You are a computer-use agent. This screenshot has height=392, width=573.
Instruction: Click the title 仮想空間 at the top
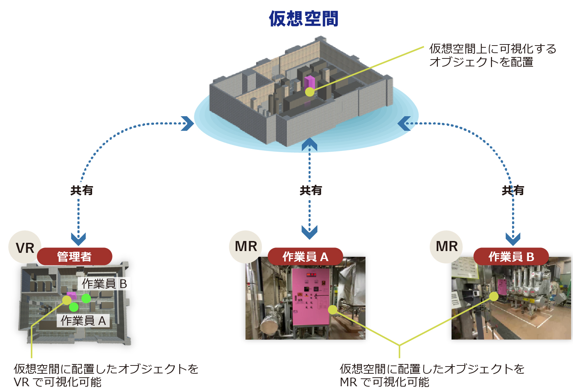click(304, 19)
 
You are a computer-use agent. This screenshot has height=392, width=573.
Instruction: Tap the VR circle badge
click(25, 247)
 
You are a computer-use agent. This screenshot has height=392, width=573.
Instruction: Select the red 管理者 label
click(74, 256)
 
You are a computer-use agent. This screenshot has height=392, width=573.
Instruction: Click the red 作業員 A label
click(305, 256)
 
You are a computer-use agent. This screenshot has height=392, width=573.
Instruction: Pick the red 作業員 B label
click(511, 256)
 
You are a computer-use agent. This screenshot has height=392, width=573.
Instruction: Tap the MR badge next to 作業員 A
click(246, 247)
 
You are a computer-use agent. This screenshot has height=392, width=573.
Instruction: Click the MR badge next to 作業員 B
click(447, 247)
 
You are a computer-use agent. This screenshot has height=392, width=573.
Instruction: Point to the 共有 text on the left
click(82, 190)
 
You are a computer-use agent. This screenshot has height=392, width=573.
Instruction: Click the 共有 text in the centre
click(310, 190)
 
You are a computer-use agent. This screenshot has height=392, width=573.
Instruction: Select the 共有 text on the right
click(513, 190)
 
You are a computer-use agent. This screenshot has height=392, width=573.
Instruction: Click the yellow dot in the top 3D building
click(310, 92)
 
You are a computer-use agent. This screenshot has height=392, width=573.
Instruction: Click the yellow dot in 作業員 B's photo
click(494, 297)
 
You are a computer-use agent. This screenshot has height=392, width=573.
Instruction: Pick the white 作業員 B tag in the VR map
click(104, 284)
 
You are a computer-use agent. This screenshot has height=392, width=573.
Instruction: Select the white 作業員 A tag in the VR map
click(83, 321)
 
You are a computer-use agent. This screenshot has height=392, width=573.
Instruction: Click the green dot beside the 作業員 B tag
click(86, 298)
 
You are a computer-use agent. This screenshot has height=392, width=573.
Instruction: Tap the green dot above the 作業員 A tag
click(74, 307)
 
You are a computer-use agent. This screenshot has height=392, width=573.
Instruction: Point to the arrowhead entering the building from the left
click(187, 124)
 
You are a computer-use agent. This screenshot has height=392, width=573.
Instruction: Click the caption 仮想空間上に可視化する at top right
click(493, 48)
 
